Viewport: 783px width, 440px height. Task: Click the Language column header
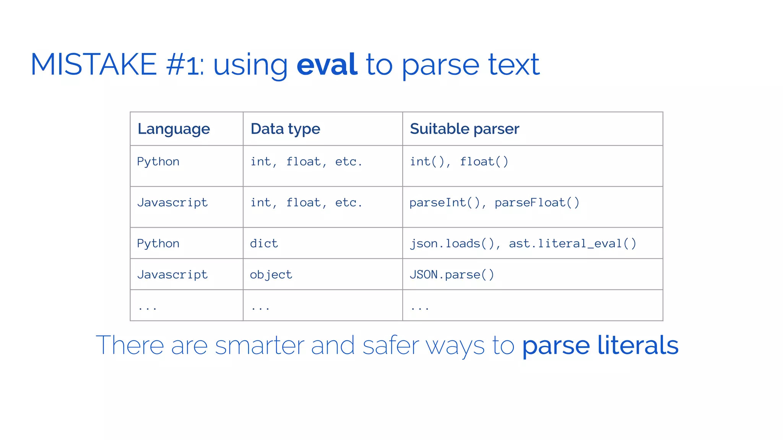[174, 129]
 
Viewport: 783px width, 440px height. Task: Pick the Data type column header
[285, 129]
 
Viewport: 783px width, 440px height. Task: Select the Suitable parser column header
[464, 129]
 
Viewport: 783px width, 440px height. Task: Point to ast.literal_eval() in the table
[572, 244]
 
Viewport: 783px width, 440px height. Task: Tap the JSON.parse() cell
[452, 275]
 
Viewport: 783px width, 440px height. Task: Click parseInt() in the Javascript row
[444, 203]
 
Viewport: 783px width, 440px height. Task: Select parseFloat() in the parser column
[537, 203]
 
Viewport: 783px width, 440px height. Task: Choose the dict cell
[264, 244]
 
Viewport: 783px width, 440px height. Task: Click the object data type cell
[271, 275]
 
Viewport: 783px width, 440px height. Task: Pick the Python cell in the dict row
[158, 244]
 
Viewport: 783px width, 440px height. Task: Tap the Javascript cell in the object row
[172, 275]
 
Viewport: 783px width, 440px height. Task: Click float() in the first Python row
[484, 162]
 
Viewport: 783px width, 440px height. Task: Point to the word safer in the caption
[390, 345]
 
